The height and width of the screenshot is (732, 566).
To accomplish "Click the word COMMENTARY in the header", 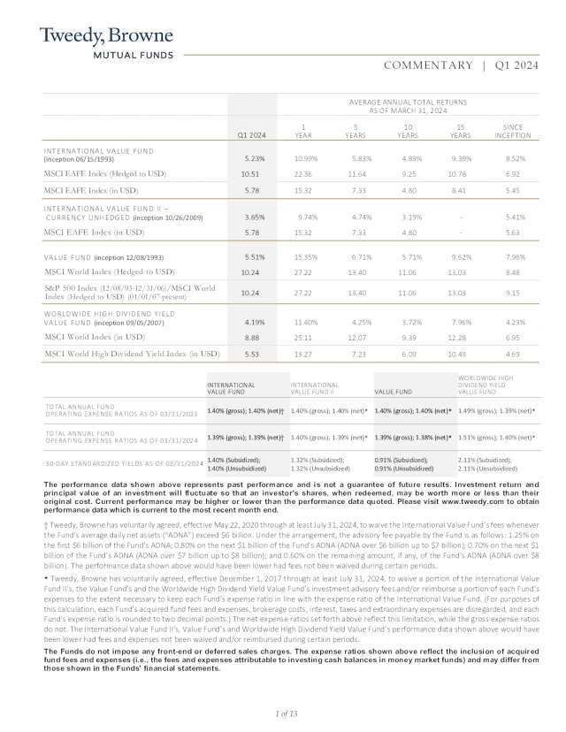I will [x=428, y=65].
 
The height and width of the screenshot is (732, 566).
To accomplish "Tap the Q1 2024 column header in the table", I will [x=252, y=135].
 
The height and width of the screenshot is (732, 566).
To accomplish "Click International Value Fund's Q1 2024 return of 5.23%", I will [x=252, y=158].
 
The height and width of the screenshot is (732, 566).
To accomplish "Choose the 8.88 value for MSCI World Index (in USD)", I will [x=252, y=337].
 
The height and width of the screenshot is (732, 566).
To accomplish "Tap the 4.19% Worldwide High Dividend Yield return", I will [x=252, y=322].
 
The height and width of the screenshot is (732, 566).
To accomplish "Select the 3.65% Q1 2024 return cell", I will [x=252, y=217].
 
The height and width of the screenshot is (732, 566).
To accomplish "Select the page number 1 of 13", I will [x=282, y=713].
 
